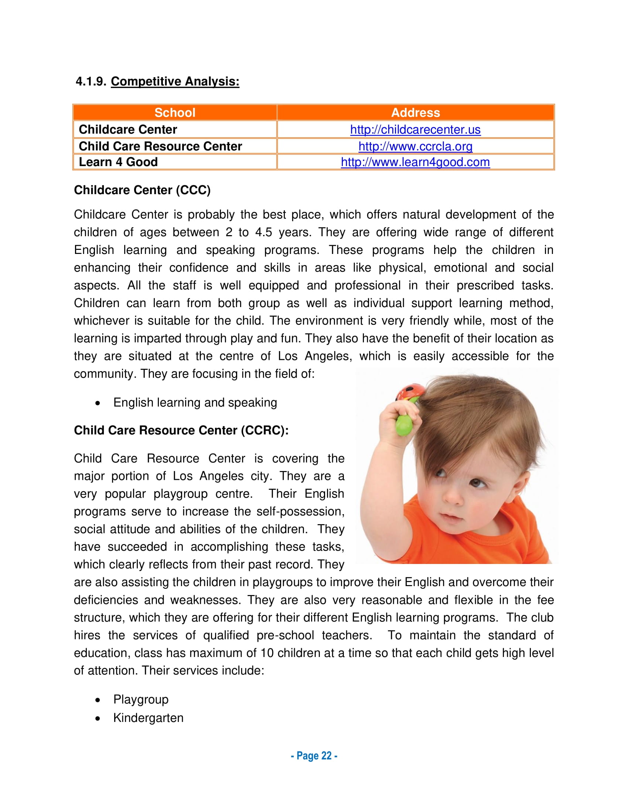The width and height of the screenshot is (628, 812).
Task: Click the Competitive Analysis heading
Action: click(175, 82)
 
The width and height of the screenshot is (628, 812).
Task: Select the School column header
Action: click(175, 113)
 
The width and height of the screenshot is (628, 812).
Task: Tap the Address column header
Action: click(415, 113)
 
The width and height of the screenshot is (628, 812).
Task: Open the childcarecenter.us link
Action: click(415, 130)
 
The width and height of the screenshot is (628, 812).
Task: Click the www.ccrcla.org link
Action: click(415, 147)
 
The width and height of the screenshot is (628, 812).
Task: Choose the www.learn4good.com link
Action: click(415, 162)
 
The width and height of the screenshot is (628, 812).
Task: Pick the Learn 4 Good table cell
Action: click(118, 162)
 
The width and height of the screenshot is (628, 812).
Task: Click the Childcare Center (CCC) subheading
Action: click(142, 190)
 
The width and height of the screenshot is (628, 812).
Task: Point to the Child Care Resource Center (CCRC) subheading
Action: click(181, 430)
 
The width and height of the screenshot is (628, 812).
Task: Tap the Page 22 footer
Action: click(314, 756)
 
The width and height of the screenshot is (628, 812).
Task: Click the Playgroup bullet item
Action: click(141, 699)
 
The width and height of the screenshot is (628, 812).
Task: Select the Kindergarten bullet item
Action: click(148, 718)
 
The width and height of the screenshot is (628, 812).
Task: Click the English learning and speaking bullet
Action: click(195, 403)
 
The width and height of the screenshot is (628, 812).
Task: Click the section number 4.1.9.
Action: click(91, 82)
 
